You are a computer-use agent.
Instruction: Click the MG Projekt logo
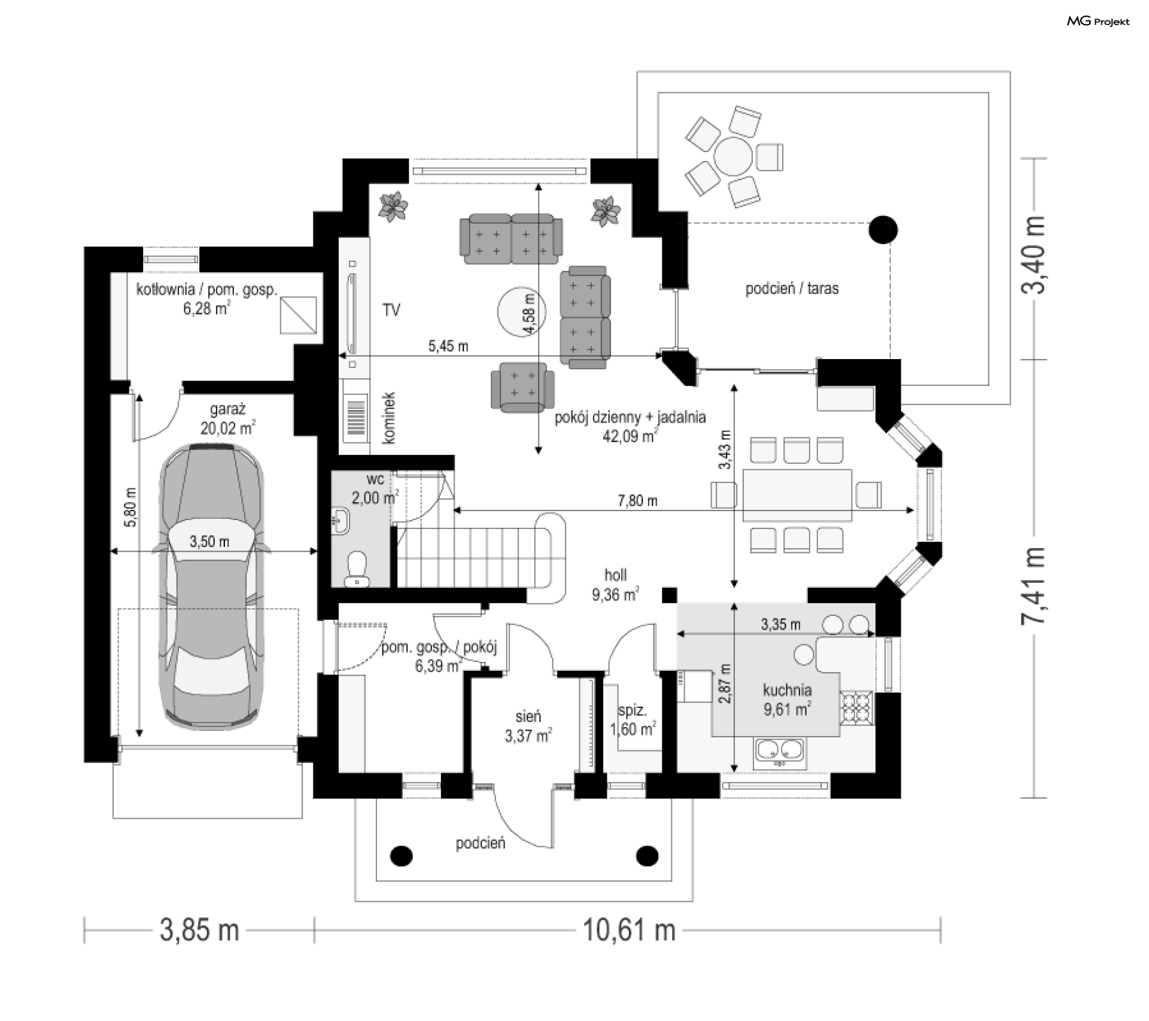[x=1098, y=22]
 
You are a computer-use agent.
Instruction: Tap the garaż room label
[x=227, y=410]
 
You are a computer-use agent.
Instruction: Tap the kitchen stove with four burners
[x=856, y=707]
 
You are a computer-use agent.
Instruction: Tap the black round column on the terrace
[x=883, y=229]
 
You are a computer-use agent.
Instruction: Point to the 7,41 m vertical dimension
[x=1034, y=587]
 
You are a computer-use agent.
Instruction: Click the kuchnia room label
[x=787, y=690]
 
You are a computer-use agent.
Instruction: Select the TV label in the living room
[x=391, y=310]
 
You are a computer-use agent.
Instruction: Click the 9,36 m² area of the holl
[x=615, y=595]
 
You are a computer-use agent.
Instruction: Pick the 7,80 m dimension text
[x=637, y=500]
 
